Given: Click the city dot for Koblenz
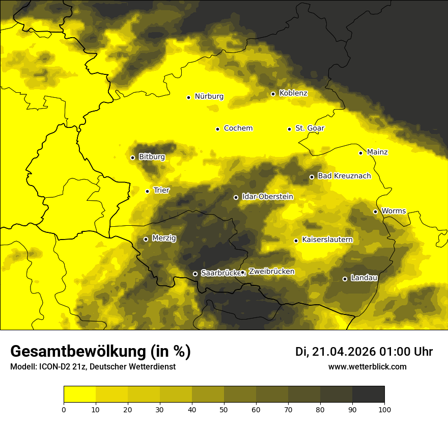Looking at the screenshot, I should tap(273, 94).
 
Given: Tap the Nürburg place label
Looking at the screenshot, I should tap(209, 96).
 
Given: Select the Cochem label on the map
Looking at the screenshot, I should tap(238, 128).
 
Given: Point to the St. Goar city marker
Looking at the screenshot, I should tap(289, 129).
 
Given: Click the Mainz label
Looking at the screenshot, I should tap(377, 152).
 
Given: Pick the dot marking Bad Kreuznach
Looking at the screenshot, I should tap(312, 177).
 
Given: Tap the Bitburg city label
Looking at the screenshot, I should tap(152, 157).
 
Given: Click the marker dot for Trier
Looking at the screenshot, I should tap(147, 191).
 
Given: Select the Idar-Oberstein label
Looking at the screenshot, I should tap(268, 196).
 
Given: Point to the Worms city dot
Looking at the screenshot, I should tap(375, 211).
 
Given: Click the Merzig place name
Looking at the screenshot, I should tap(164, 238).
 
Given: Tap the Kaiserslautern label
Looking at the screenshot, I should tap(327, 240).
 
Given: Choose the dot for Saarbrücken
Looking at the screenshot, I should tap(195, 274).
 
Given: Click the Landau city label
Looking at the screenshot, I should tap(364, 278).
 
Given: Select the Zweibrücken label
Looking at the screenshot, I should tap(271, 272).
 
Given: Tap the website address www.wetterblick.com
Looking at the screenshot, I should tap(368, 367).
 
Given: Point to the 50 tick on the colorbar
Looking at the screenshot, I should tap(224, 409).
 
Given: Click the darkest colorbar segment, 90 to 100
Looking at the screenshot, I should tap(368, 394).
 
